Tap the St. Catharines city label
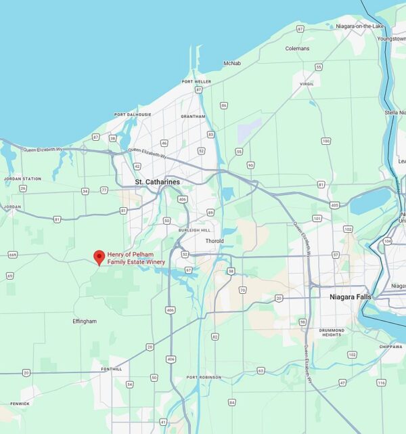157,182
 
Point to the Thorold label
214,240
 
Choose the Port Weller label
196,82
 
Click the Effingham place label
85,321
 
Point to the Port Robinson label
204,377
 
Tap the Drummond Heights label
332,332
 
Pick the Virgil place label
307,85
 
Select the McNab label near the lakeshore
232,63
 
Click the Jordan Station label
22,179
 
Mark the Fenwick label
20,404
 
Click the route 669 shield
12,255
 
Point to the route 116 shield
381,383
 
